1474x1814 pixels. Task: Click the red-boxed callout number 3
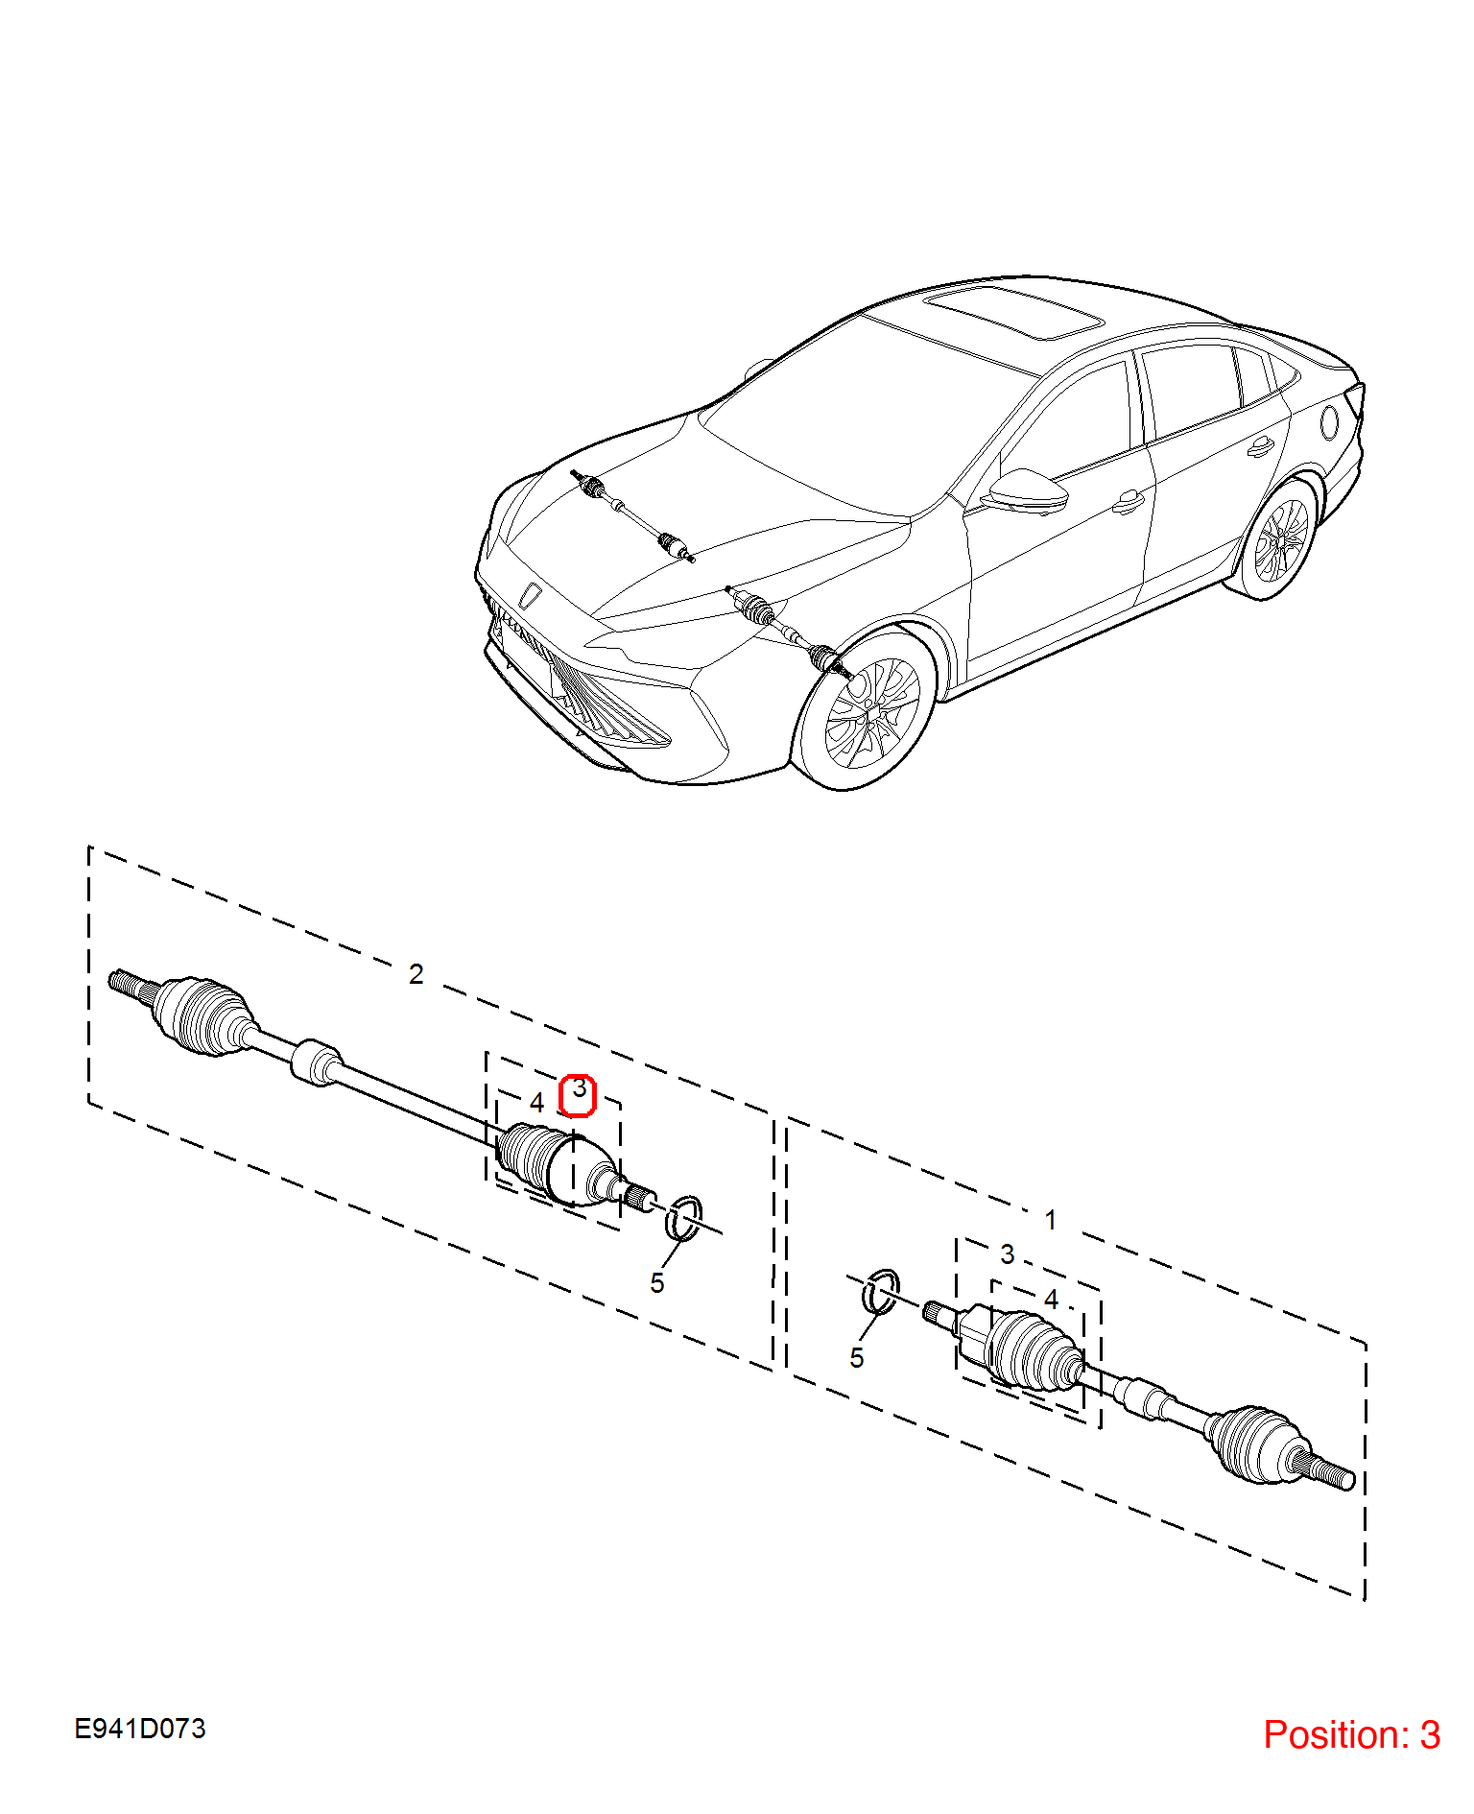(579, 1089)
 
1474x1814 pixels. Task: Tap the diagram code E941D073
(140, 1729)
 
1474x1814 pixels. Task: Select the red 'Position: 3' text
(1351, 1734)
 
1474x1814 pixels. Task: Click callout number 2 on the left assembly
(416, 974)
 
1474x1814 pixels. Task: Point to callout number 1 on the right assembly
(1051, 1220)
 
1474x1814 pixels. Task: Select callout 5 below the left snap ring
(657, 1283)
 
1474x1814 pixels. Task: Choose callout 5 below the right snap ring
(857, 1358)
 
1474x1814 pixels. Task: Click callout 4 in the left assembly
(537, 1103)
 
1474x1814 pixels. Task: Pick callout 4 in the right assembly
(1052, 1300)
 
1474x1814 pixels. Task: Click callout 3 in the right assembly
(1008, 1254)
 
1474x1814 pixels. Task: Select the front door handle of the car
(1129, 502)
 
